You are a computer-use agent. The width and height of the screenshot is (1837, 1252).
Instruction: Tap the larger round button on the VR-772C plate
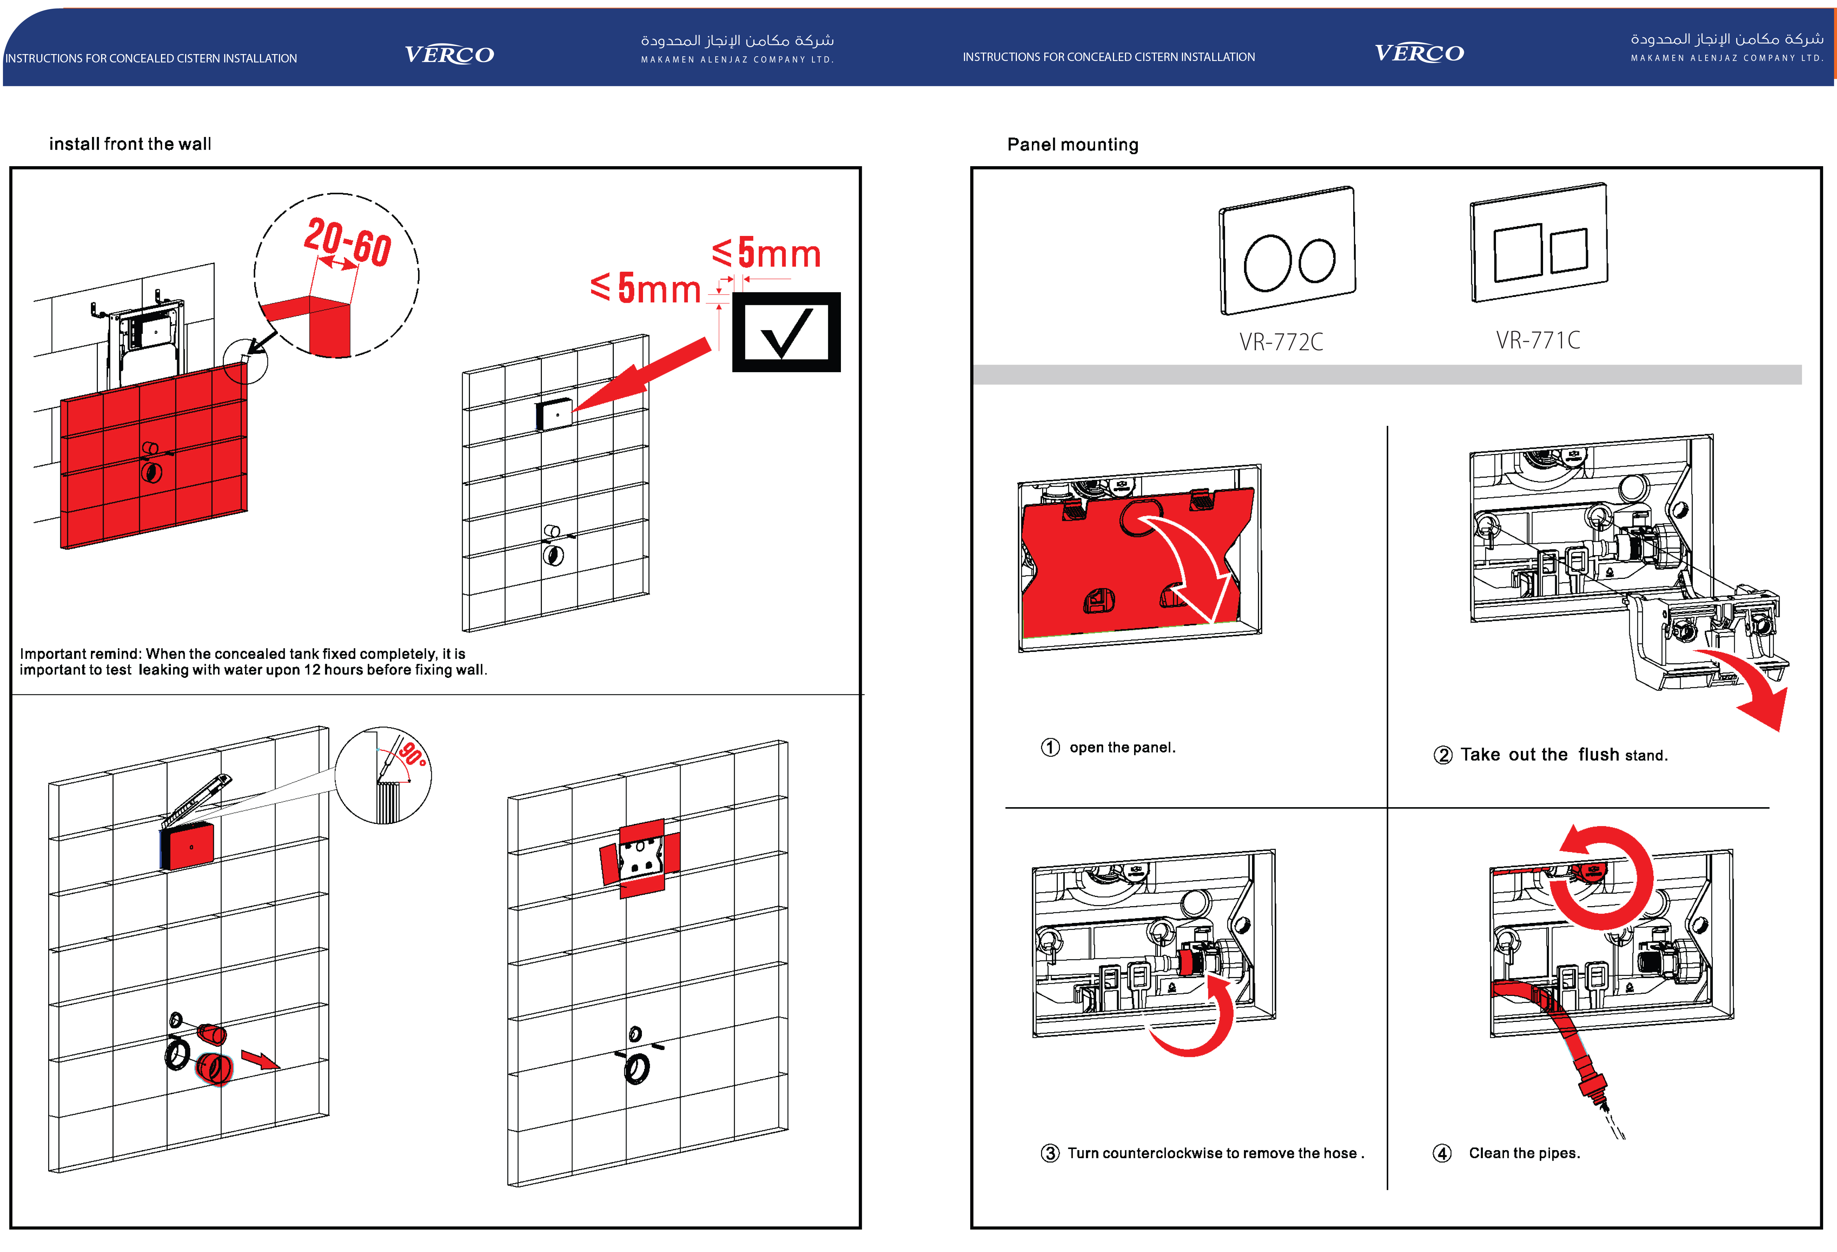click(1267, 263)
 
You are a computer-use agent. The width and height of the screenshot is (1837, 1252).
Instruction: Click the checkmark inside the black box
click(787, 333)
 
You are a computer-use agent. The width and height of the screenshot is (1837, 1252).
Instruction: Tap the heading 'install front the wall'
click(130, 144)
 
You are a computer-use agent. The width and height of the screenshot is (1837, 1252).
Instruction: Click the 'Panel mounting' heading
click(1073, 145)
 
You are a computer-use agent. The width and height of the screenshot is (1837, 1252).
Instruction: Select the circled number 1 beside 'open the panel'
click(1050, 748)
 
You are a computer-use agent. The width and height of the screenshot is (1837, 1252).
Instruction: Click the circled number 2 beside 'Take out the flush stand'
click(1443, 755)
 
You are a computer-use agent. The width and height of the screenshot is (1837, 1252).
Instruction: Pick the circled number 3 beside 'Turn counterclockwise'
click(1050, 1153)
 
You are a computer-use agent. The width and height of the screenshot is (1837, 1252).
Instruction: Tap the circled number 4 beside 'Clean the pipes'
click(1443, 1153)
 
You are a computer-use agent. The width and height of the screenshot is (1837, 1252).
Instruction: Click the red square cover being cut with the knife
click(188, 846)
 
